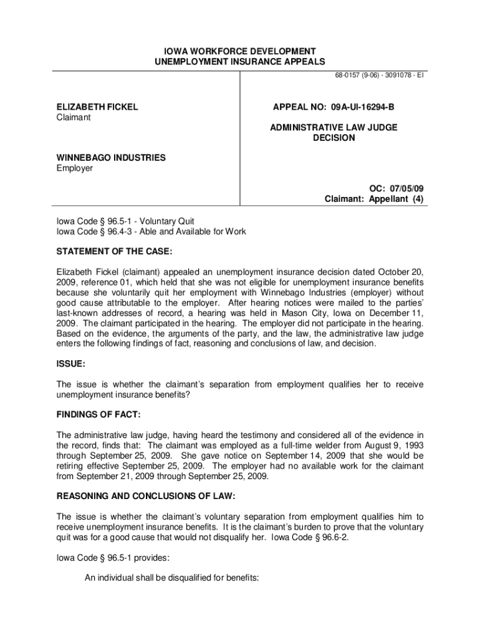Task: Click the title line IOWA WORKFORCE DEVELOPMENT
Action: (x=239, y=50)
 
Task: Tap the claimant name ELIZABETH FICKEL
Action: (x=97, y=107)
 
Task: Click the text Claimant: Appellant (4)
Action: (x=373, y=199)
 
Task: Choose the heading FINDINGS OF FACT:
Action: (x=98, y=414)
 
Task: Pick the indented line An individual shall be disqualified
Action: (x=171, y=578)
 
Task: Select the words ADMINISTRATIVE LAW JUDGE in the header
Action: (x=334, y=127)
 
